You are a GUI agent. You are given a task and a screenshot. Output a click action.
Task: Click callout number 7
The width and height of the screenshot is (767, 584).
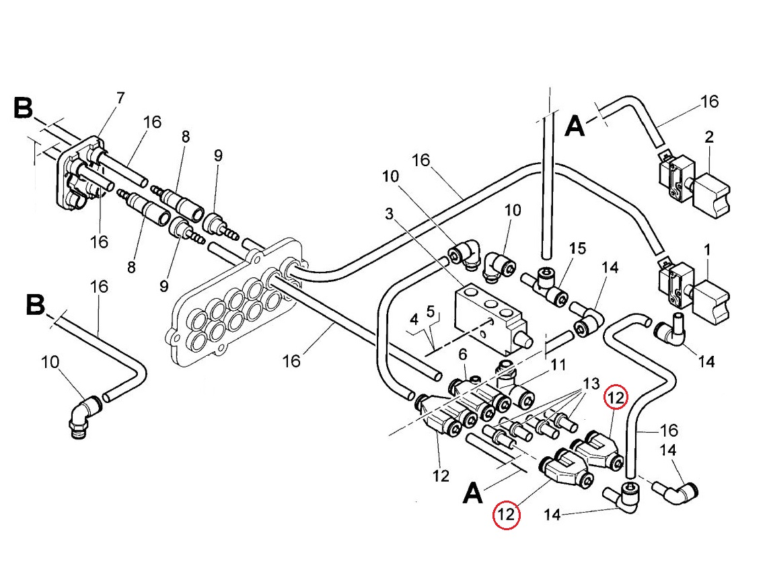pyautogui.click(x=120, y=98)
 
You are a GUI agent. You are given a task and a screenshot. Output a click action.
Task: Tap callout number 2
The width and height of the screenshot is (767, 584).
pyautogui.click(x=709, y=137)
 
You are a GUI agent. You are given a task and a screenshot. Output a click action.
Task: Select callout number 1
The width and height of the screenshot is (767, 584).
pyautogui.click(x=707, y=250)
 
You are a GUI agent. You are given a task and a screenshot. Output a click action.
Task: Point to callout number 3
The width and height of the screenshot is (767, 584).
pyautogui.click(x=389, y=215)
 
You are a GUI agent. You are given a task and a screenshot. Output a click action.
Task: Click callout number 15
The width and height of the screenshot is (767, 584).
pyautogui.click(x=577, y=248)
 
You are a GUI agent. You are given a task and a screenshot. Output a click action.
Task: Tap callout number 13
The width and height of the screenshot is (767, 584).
pyautogui.click(x=590, y=384)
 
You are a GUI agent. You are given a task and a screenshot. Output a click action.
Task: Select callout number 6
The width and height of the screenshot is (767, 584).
pyautogui.click(x=463, y=353)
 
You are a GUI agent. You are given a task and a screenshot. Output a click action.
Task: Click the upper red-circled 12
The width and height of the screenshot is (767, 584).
pyautogui.click(x=616, y=397)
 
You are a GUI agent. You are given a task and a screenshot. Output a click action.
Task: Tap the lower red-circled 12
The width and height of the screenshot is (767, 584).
pyautogui.click(x=507, y=516)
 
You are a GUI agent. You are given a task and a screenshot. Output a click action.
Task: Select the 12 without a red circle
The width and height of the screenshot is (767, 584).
pyautogui.click(x=441, y=476)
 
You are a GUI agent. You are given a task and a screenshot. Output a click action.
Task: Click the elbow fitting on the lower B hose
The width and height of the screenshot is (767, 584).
pyautogui.click(x=83, y=414)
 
